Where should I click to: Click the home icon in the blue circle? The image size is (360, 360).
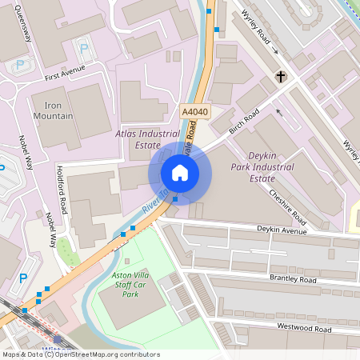pyautogui.click(x=180, y=173)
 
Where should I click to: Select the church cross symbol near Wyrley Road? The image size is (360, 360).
pyautogui.click(x=281, y=77)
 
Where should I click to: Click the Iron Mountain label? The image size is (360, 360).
pyautogui.click(x=58, y=110)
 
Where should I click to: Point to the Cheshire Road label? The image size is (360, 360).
pyautogui.click(x=287, y=206)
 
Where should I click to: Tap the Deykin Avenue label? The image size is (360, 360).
pyautogui.click(x=282, y=231)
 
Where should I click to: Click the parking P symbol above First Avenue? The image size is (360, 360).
pyautogui.click(x=84, y=48)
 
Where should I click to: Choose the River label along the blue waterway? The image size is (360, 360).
pyautogui.click(x=152, y=204)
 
